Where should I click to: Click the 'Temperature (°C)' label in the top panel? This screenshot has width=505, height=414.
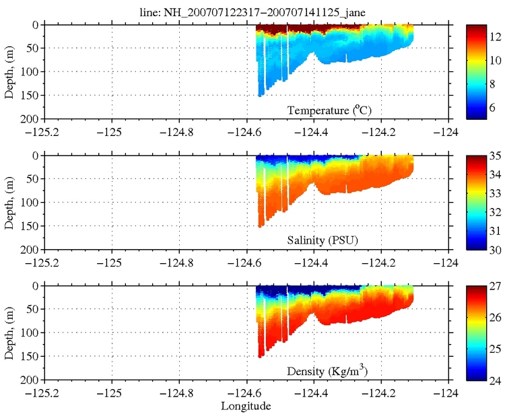tap(329, 110)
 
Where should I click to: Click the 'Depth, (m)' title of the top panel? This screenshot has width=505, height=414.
tap(9, 71)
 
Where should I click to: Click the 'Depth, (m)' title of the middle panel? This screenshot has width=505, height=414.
tap(9, 202)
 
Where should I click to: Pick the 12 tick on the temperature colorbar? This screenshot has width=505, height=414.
tap(494, 37)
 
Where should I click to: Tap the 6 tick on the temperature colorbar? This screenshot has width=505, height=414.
tap(494, 107)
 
